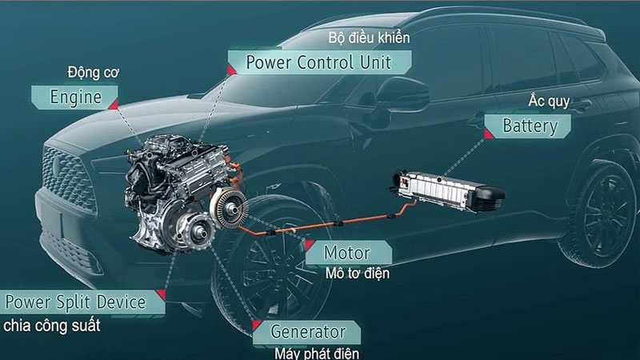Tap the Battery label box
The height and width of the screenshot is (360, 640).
tap(529, 126)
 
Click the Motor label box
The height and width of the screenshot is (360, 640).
tap(346, 253)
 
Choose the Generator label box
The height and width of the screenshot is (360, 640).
tap(307, 331)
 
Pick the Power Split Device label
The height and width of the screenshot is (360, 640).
tap(76, 302)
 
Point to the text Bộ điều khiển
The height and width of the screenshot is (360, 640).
tap(369, 38)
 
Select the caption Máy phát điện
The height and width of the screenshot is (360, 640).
tap(316, 352)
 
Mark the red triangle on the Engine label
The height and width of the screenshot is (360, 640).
tap(114, 104)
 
